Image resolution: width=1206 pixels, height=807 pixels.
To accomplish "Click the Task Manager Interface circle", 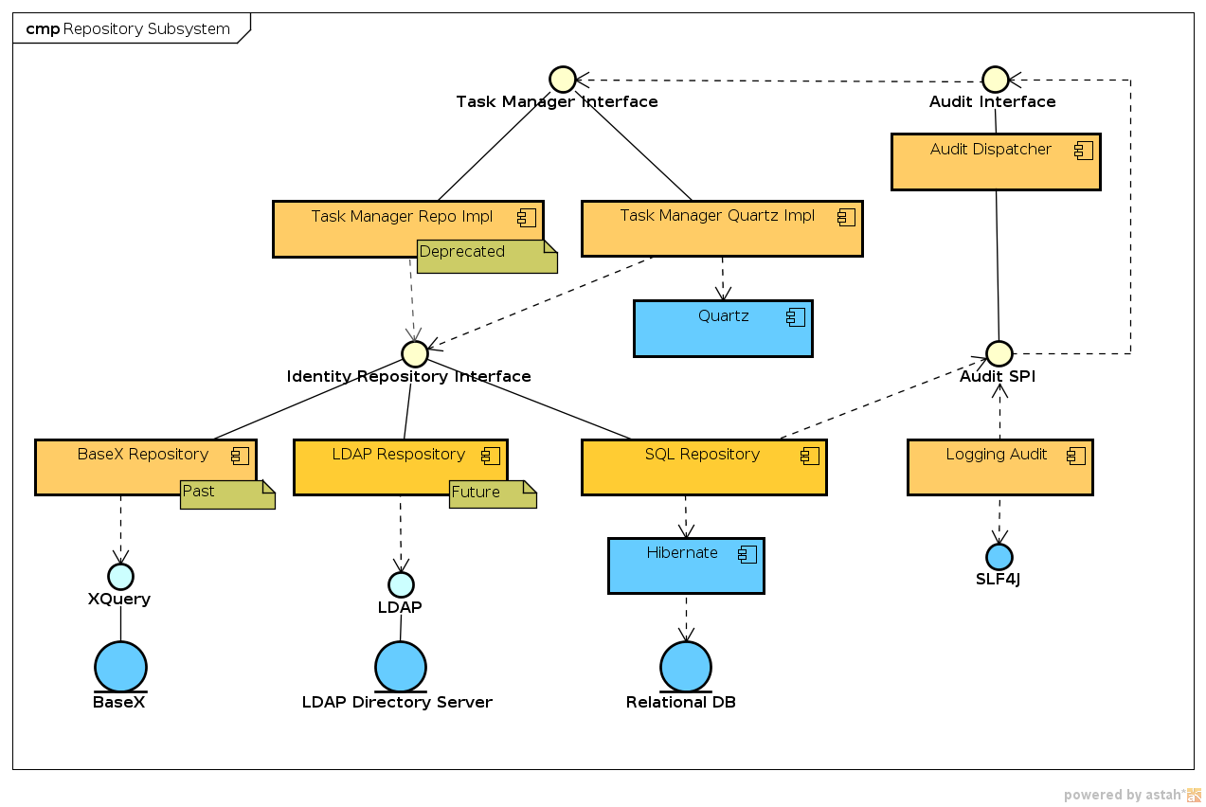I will click(563, 80).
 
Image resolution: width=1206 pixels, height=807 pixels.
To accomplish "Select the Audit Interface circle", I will click(995, 80).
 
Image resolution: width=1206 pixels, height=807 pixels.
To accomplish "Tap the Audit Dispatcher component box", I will click(995, 162).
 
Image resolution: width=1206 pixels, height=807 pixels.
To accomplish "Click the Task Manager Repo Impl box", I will click(379, 227).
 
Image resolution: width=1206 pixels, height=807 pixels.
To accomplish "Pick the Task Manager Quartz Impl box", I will click(721, 228).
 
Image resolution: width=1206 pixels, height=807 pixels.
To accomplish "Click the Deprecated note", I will click(486, 256).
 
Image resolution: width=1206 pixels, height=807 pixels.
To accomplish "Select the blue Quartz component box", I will click(723, 329).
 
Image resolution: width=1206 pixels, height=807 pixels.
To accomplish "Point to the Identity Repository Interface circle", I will click(414, 353).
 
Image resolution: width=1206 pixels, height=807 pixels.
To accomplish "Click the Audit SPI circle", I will click(999, 353).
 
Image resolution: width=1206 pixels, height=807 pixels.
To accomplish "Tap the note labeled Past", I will click(227, 494).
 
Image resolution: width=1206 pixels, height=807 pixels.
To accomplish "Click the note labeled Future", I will click(493, 494).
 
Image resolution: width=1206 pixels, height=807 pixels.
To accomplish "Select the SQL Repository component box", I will click(703, 467).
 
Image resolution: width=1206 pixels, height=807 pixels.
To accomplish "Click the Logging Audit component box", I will click(999, 467).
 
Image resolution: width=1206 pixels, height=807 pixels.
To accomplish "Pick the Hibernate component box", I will click(685, 566).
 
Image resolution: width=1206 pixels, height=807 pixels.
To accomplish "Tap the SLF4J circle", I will click(999, 557).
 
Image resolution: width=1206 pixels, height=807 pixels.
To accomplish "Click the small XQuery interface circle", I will click(120, 576).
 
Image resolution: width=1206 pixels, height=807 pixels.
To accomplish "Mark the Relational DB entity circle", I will click(685, 667).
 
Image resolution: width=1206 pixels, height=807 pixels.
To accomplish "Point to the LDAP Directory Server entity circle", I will click(400, 667).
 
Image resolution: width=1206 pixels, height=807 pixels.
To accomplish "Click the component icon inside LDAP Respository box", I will click(490, 456).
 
